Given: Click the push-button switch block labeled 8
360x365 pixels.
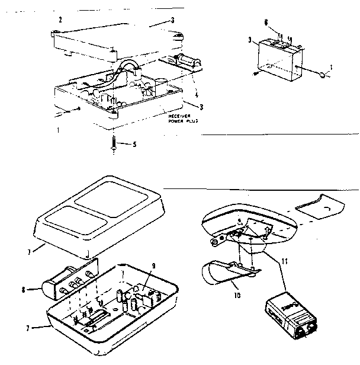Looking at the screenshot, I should (69, 283).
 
